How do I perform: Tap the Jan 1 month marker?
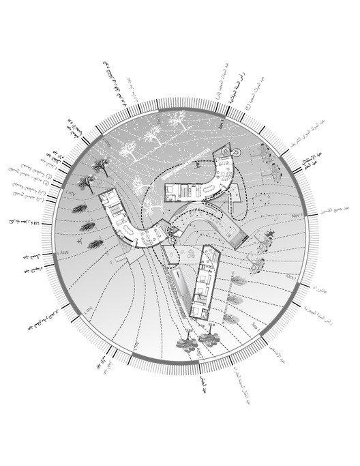[x=222, y=124]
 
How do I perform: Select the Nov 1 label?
[x=296, y=215]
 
